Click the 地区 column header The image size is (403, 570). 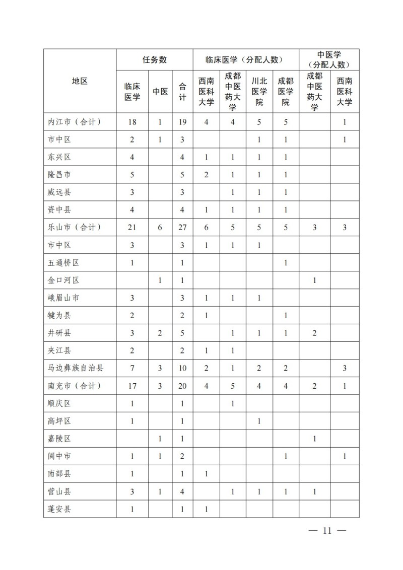(x=80, y=81)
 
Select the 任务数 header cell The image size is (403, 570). (x=155, y=59)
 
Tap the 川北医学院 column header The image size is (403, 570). (x=259, y=92)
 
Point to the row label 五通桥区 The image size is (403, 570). (x=63, y=262)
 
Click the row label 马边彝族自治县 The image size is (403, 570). (x=75, y=368)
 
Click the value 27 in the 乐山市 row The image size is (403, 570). (x=182, y=227)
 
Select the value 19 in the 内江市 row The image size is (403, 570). (x=182, y=121)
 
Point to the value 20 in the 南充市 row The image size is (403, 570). (x=182, y=386)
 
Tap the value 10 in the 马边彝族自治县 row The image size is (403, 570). (x=182, y=368)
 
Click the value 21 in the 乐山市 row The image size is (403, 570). (x=132, y=227)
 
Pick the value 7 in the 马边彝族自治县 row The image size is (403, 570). (x=132, y=368)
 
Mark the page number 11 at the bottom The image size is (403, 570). (x=327, y=531)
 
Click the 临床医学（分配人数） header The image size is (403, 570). (x=246, y=59)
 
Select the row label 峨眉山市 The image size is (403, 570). (x=63, y=298)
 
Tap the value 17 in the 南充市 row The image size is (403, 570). (x=132, y=386)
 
